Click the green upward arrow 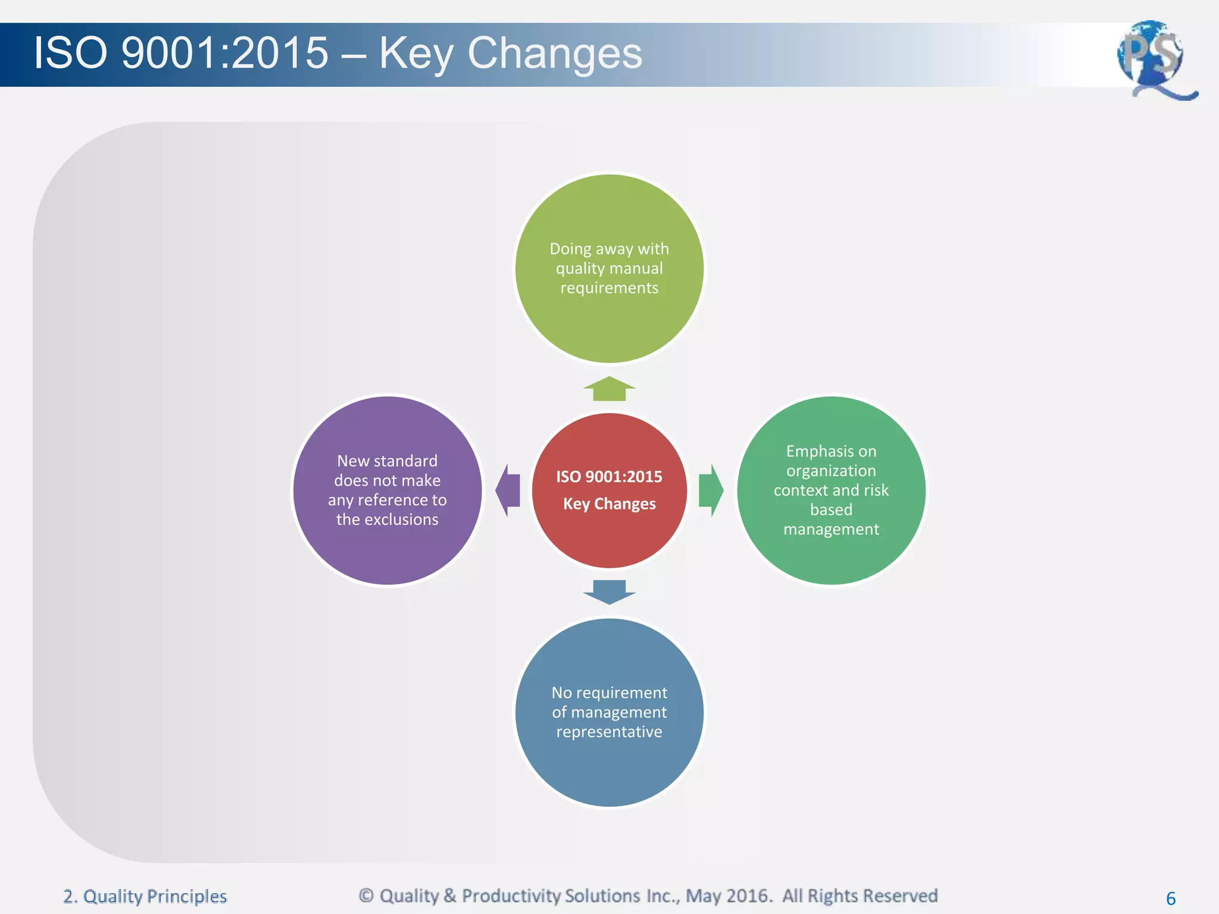pos(609,389)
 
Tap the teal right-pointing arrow pos(711,490)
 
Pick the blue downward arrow pos(609,591)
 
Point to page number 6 pos(1170,898)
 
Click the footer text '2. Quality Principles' pos(145,896)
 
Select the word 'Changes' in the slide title pos(555,54)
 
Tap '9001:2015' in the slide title pos(224,54)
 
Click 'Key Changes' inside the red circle pos(609,504)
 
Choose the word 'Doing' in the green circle pos(570,249)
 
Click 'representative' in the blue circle pos(609,732)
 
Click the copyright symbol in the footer pos(366,896)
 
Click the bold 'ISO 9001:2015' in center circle pos(609,477)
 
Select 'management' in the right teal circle pos(831,529)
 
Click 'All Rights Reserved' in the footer pos(859,896)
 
